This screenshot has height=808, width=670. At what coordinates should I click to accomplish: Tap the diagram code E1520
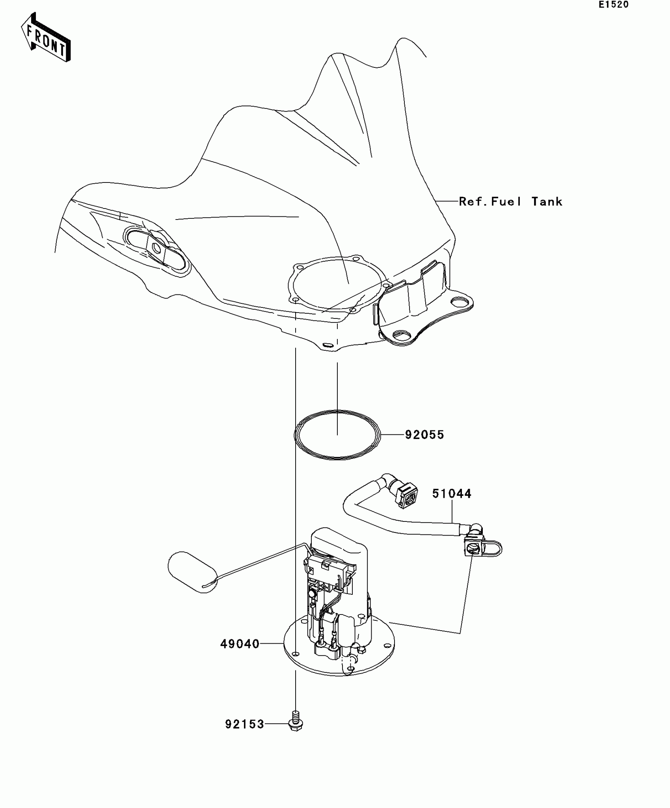(614, 5)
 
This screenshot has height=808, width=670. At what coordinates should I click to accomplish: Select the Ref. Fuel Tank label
(511, 202)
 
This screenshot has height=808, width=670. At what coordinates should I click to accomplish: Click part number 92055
(424, 435)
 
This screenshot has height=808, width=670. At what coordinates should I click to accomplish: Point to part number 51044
(452, 493)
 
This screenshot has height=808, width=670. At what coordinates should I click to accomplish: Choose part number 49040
(240, 644)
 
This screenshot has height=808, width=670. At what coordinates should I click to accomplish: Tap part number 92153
(244, 724)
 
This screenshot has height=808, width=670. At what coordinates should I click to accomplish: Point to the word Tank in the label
(547, 202)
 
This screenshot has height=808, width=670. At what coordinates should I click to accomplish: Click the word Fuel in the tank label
(506, 202)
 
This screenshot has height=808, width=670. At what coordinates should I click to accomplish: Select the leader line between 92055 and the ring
(393, 435)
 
